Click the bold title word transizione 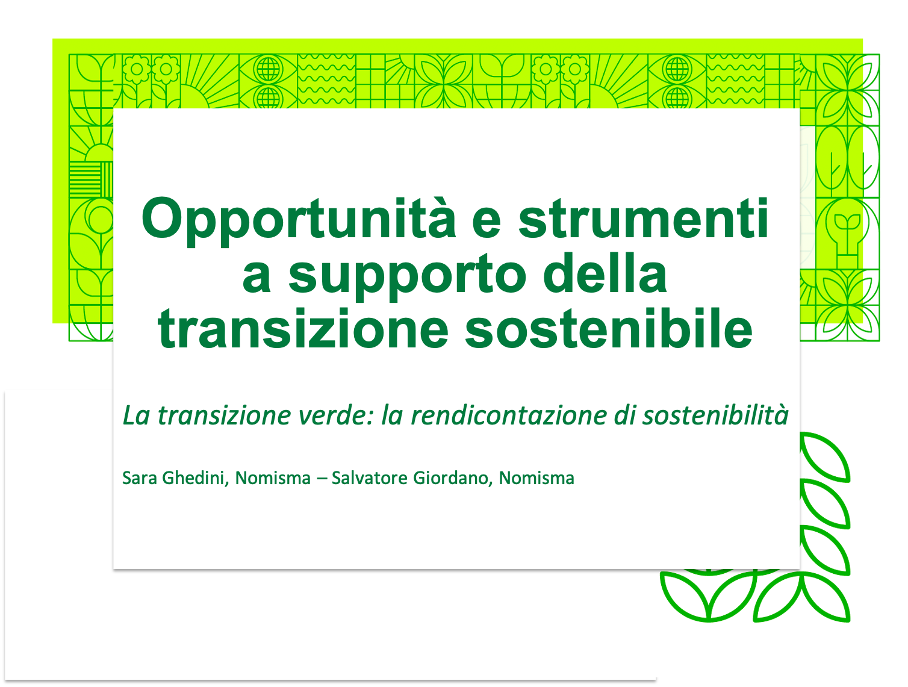[x=303, y=328]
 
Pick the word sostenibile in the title [x=609, y=328]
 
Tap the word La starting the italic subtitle [x=136, y=415]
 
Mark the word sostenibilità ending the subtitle [x=715, y=415]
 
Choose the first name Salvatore [x=370, y=479]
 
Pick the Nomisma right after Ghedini [x=273, y=479]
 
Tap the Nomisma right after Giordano [x=536, y=479]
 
